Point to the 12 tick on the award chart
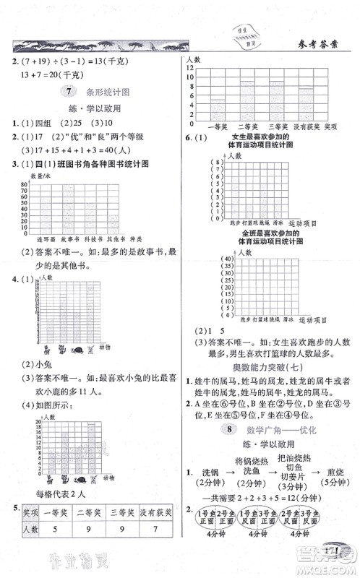tap(189, 67)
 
